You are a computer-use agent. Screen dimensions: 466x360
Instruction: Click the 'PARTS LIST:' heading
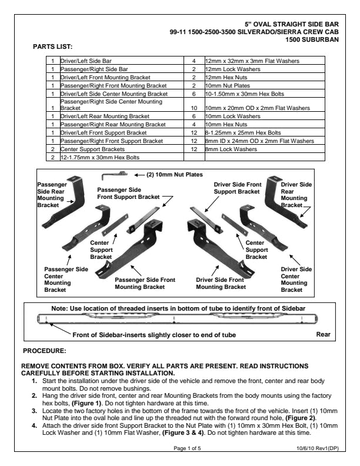click(55, 46)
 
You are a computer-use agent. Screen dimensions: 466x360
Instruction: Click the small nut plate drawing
click(115, 174)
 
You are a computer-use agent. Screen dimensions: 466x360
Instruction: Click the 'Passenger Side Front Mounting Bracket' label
click(145, 284)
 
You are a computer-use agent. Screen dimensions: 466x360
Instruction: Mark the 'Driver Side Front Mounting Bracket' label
click(221, 284)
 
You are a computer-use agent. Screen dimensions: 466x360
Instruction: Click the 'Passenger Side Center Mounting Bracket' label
click(66, 279)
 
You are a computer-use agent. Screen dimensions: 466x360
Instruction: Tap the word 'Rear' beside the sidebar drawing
click(324, 334)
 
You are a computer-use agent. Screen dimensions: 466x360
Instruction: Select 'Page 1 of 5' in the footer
click(187, 448)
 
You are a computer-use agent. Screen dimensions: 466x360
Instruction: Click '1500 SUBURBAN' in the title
click(311, 39)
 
